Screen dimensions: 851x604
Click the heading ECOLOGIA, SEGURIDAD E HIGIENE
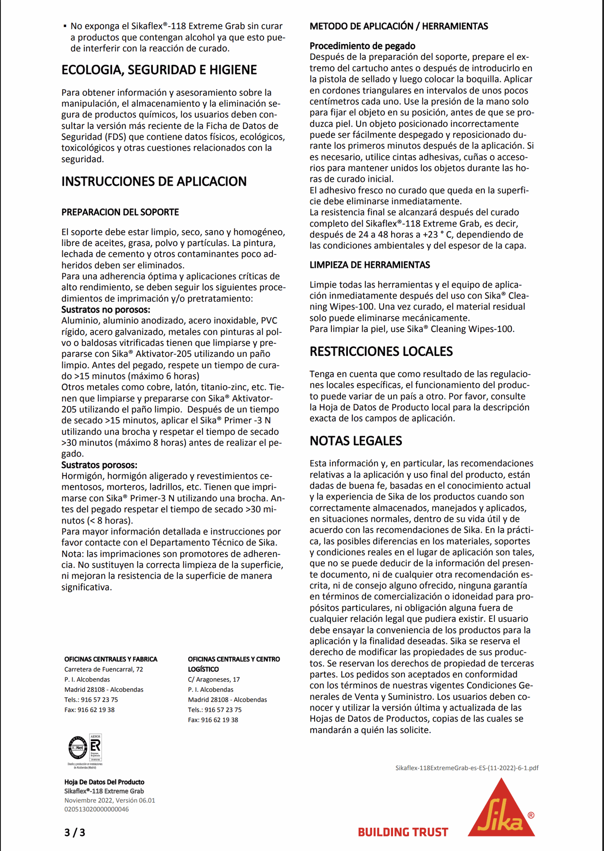159,70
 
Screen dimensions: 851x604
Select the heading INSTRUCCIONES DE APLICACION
154,182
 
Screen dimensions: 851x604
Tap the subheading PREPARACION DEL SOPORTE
120,212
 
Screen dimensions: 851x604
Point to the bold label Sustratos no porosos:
105,310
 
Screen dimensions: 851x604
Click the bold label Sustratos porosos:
99,465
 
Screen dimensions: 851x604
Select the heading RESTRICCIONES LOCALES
381,352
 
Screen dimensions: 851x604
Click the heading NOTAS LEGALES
356,441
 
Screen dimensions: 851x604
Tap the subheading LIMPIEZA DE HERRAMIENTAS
370,265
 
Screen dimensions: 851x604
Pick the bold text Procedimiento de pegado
362,46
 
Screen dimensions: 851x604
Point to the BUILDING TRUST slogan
403,832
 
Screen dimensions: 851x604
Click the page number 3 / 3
74,832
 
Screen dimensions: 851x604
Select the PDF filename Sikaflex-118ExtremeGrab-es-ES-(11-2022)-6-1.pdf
467,768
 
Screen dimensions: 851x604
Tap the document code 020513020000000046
97,809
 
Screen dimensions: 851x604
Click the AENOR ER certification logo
96,747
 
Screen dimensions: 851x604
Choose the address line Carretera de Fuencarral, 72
104,669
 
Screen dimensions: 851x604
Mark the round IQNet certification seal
78,748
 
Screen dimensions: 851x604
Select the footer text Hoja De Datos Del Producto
104,782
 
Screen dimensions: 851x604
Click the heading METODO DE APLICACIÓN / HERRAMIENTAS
398,27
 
